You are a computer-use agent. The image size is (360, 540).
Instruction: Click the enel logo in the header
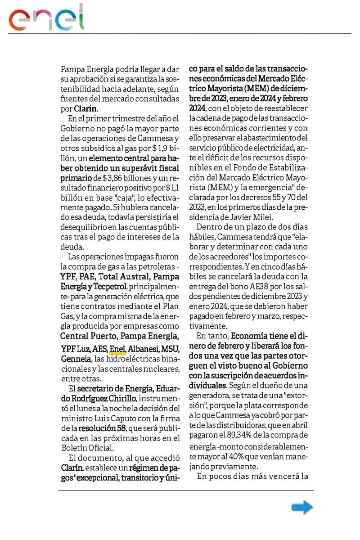[x=47, y=18]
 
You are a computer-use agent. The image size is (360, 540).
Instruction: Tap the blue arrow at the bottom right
[x=302, y=508]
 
